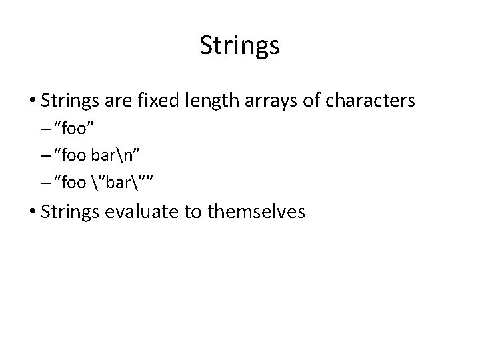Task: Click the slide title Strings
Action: click(x=239, y=46)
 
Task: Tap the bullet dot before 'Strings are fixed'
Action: click(x=33, y=101)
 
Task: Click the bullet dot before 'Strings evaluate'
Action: click(x=33, y=213)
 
